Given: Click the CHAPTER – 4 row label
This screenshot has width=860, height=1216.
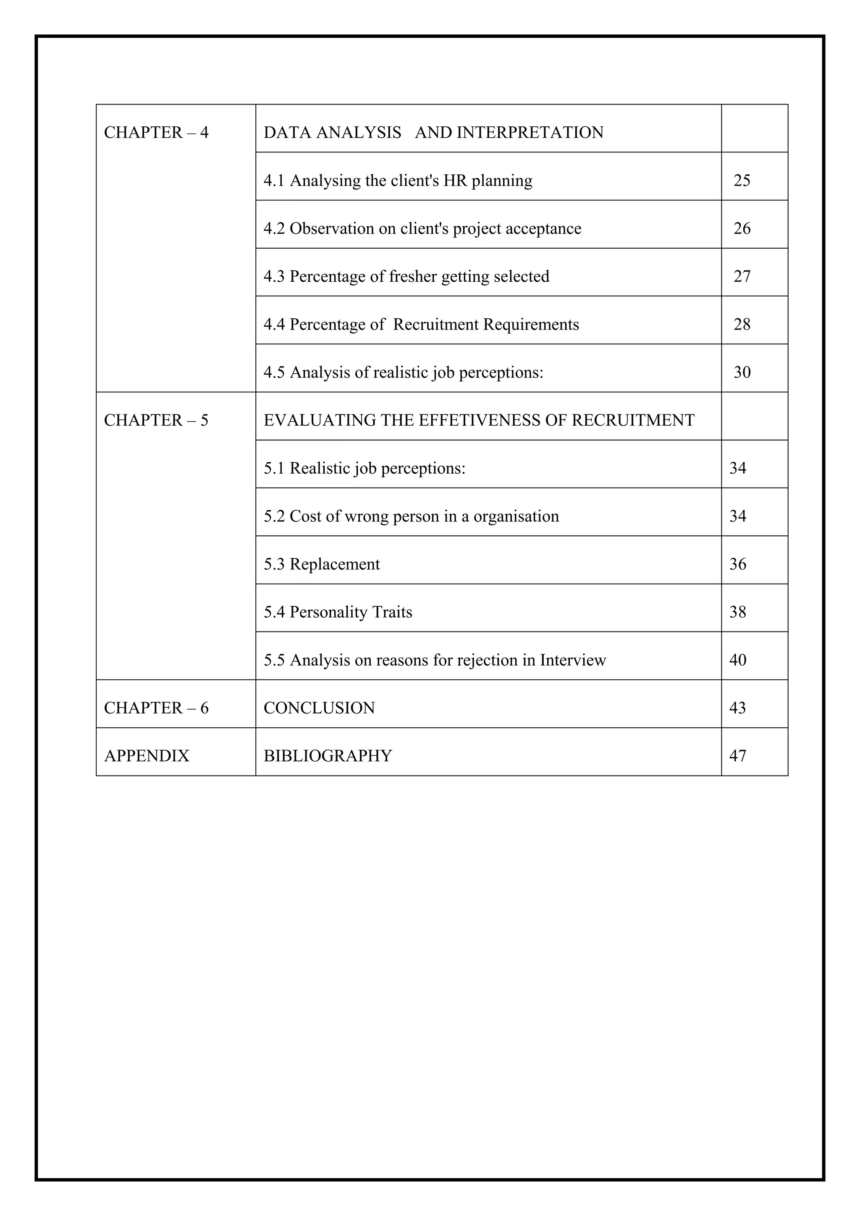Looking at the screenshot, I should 156,132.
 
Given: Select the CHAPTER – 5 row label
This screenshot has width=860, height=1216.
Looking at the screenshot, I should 156,420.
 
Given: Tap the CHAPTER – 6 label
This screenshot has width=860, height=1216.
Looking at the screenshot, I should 156,708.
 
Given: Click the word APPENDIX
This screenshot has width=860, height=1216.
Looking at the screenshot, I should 147,756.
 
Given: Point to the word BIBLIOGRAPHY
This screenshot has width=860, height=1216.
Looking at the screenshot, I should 328,756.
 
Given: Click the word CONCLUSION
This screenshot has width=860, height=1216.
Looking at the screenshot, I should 319,708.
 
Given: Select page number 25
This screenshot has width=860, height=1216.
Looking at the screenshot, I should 742,181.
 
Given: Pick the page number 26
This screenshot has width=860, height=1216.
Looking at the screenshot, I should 742,228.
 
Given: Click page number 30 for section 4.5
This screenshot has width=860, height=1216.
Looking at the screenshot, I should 742,372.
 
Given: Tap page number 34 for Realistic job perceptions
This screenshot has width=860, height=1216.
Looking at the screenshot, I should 738,468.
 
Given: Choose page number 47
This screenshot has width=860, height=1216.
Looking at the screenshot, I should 738,756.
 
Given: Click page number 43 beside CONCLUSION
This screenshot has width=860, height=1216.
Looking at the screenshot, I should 738,708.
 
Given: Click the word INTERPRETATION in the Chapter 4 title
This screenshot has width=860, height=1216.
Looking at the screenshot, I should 530,132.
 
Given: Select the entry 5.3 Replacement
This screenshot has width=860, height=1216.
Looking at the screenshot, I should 322,564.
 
